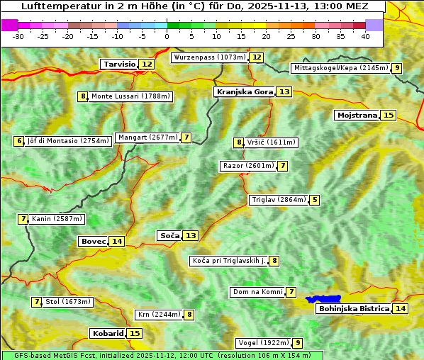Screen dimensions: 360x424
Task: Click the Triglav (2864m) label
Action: point(279,200)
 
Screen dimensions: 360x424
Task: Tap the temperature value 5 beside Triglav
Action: point(315,200)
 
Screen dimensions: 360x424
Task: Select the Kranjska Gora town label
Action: point(243,92)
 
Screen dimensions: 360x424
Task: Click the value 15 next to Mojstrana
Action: point(388,115)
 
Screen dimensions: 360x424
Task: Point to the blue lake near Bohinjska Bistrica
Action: point(323,299)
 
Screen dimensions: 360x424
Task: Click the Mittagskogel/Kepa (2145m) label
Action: point(340,68)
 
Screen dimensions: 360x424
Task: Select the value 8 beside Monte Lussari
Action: point(83,96)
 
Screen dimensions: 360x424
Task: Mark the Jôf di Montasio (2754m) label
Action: point(68,141)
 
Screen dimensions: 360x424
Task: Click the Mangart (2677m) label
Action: point(147,137)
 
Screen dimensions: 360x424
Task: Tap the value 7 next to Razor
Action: point(283,166)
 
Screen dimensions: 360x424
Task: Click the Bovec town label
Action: point(92,241)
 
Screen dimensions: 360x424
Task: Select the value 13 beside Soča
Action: point(191,235)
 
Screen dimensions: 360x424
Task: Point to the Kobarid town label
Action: point(107,333)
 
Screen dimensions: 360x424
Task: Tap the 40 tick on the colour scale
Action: point(365,36)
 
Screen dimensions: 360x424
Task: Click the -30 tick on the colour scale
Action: point(18,36)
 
